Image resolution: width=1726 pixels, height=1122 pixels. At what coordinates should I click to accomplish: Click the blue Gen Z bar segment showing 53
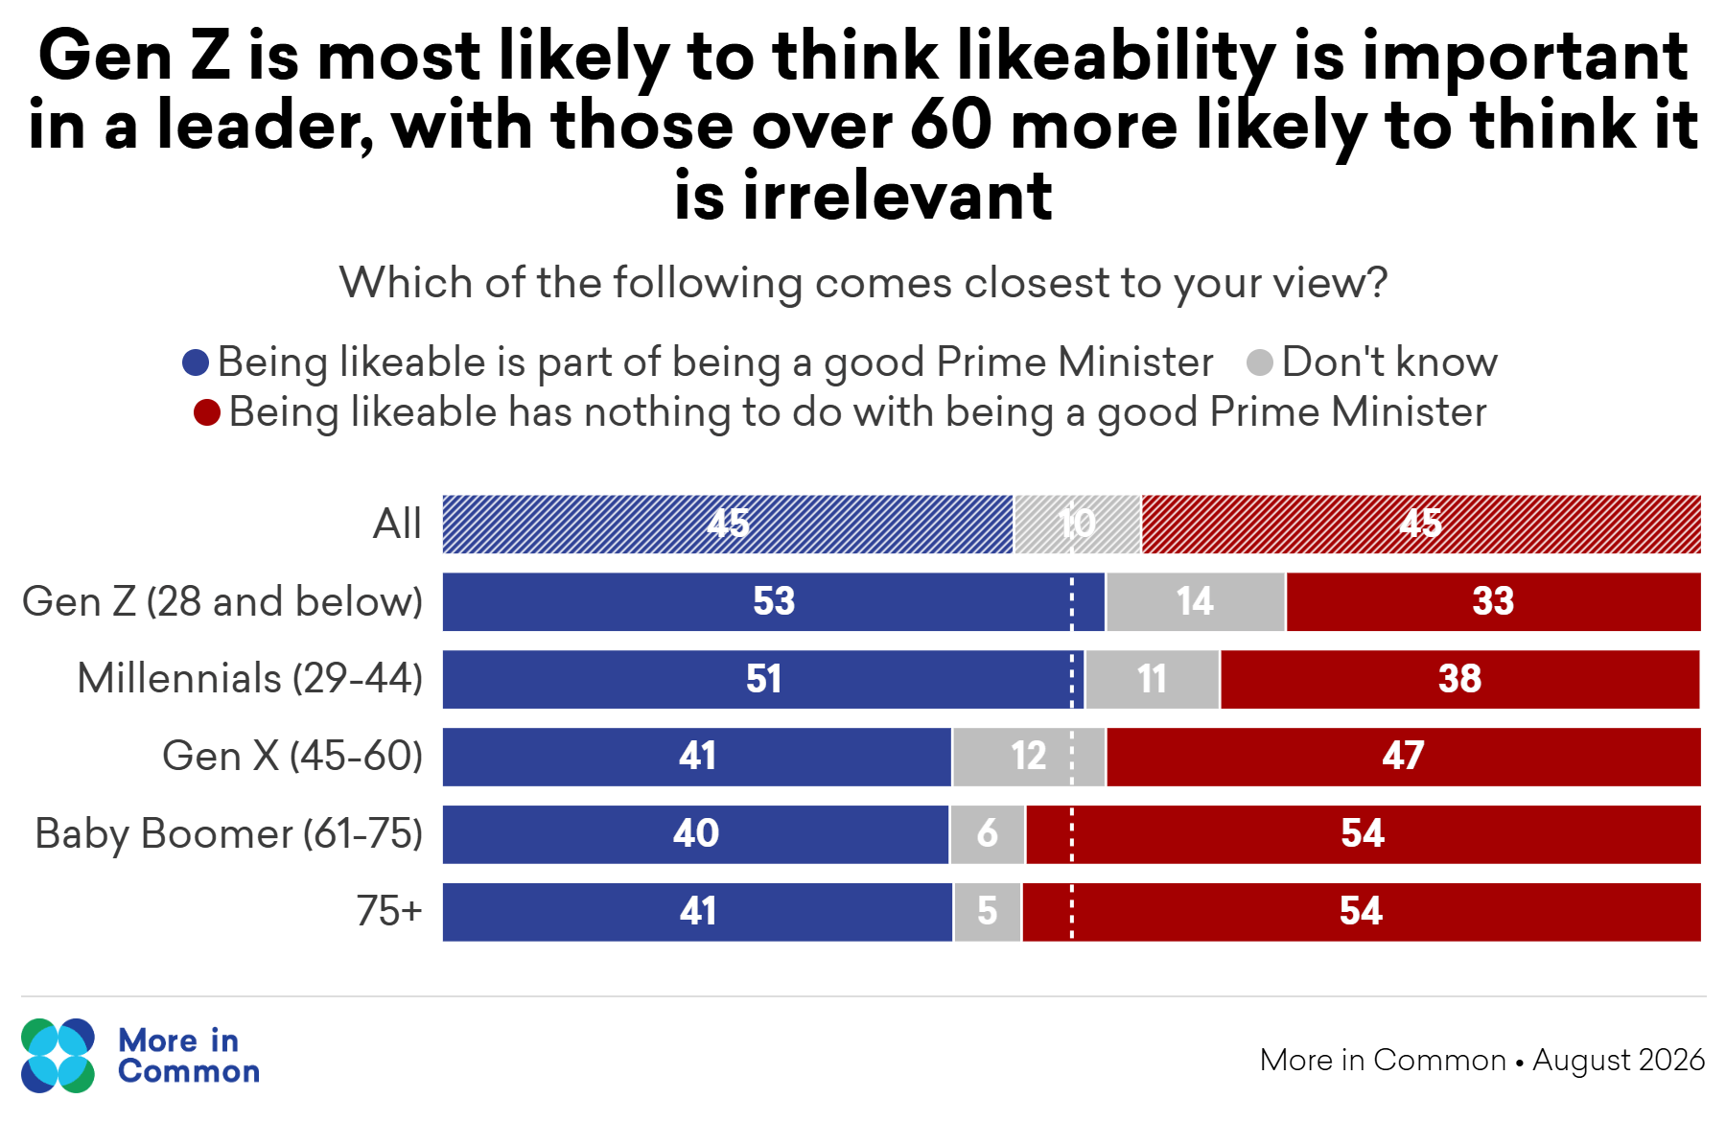coord(773,601)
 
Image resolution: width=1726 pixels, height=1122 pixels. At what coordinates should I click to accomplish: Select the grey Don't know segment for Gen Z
coord(1196,601)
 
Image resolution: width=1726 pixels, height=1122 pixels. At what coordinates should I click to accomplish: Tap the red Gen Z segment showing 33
coord(1493,601)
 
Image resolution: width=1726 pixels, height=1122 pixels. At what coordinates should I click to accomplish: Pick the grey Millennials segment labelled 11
coord(1153,679)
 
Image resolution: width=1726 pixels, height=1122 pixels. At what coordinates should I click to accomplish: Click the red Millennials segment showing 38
coord(1459,679)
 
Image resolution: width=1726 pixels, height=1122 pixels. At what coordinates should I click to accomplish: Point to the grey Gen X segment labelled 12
coord(1029,757)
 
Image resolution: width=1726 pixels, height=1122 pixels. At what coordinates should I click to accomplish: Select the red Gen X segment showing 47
coord(1404,757)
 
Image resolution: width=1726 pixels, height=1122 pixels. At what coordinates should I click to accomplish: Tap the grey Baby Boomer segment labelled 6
coord(988,834)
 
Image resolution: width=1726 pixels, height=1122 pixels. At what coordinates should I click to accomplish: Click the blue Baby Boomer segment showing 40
coord(695,834)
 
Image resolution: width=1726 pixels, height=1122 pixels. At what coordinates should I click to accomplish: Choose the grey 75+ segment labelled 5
coord(988,912)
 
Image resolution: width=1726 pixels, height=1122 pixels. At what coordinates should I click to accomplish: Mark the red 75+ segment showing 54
coord(1362,912)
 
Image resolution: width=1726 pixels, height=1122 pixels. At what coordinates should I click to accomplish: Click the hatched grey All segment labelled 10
coord(1078,525)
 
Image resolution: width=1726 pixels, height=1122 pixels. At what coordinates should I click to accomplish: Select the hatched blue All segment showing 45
coord(728,525)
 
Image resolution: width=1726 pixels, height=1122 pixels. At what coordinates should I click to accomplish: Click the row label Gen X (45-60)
coord(292,757)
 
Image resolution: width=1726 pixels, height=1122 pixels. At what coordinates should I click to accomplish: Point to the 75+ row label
coord(389,911)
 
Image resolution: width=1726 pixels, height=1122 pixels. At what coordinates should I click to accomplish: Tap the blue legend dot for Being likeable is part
coord(196,362)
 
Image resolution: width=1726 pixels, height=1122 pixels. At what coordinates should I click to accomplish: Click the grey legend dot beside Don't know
coord(1260,362)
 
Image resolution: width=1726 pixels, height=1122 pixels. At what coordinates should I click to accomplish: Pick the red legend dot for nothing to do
coord(207,412)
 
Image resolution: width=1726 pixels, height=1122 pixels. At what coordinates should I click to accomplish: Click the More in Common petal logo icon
coord(58,1055)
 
